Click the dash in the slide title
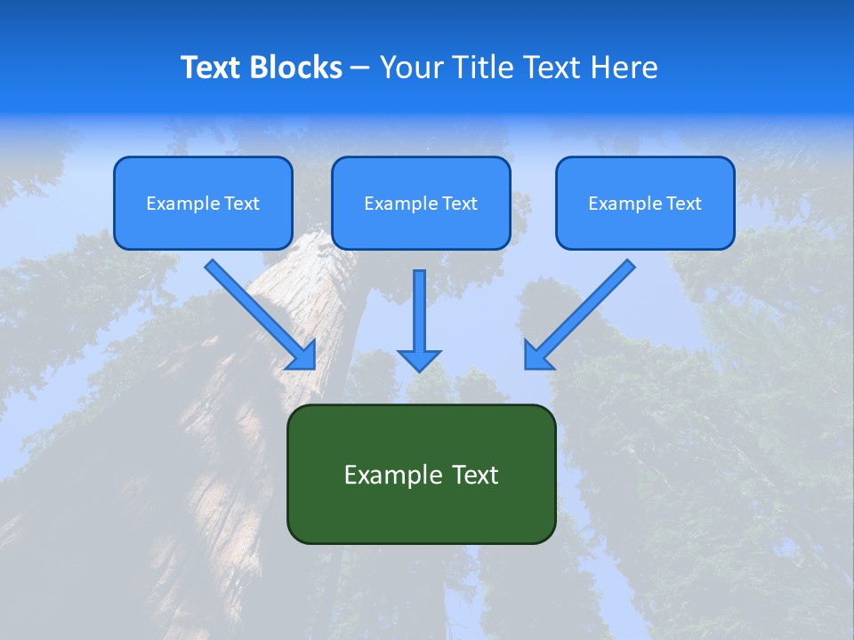(x=360, y=68)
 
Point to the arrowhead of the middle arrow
(x=419, y=360)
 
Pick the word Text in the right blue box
(x=684, y=204)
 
